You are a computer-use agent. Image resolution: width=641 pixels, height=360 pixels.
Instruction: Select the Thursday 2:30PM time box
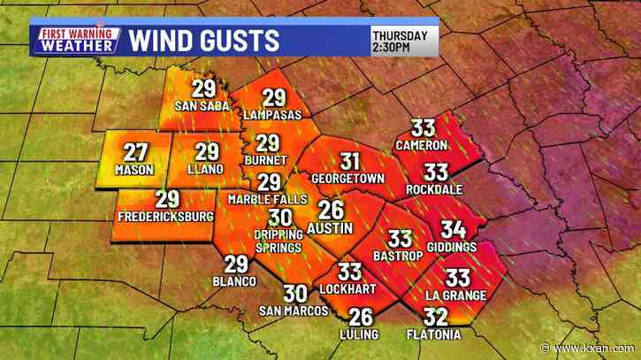pyautogui.click(x=403, y=40)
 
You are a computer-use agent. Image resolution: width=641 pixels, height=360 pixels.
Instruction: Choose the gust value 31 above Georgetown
pyautogui.click(x=350, y=161)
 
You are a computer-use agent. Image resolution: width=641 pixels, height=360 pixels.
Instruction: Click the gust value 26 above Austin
pyautogui.click(x=332, y=211)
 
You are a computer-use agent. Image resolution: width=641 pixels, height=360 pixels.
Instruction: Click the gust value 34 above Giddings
pyautogui.click(x=453, y=229)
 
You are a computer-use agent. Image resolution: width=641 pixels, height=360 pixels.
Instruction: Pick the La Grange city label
pyautogui.click(x=456, y=294)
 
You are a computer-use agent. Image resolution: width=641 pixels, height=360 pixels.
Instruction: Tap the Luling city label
pyautogui.click(x=361, y=333)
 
